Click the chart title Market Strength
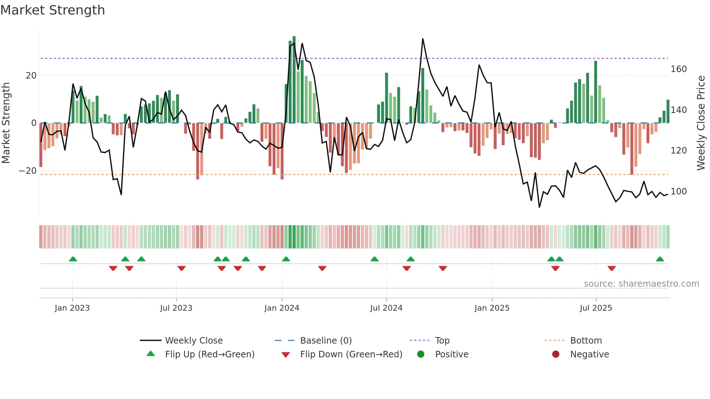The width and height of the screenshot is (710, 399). click(53, 10)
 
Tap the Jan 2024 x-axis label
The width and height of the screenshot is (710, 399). click(281, 308)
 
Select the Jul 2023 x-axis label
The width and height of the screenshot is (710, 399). click(176, 308)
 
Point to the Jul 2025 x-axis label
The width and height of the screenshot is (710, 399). click(596, 308)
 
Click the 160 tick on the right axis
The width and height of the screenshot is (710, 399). click(678, 69)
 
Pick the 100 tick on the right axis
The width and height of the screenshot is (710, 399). click(678, 192)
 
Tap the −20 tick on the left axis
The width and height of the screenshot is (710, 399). click(28, 171)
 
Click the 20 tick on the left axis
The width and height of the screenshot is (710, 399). click(31, 76)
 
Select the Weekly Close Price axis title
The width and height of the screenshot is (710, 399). click(701, 123)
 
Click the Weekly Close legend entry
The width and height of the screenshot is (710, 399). click(194, 341)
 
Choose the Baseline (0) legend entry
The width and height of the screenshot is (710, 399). click(326, 341)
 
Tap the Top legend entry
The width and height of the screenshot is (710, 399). click(442, 341)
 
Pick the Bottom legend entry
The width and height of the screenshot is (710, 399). click(586, 341)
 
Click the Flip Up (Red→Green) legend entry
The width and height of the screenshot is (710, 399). click(210, 354)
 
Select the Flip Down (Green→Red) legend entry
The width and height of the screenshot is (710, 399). click(351, 354)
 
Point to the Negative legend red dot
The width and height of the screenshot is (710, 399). click(556, 354)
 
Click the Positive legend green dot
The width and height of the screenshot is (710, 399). click(421, 354)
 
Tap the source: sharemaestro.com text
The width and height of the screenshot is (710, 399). click(641, 284)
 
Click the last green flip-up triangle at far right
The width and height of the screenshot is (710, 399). click(660, 259)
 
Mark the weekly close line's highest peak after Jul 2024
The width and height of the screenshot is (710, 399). click(423, 39)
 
